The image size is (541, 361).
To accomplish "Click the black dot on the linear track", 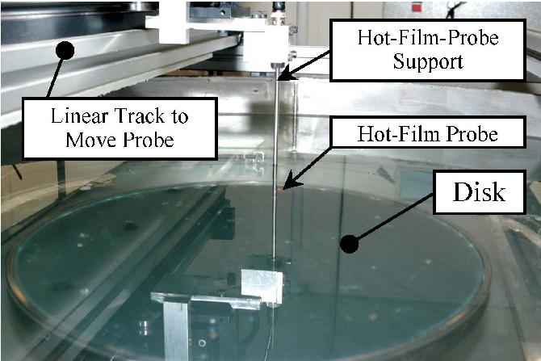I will coord(64,50).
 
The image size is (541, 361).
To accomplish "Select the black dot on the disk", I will coord(349,240).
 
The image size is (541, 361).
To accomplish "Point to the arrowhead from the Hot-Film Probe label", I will coord(287,188).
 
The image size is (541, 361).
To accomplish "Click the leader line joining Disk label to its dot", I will coord(396,216).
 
